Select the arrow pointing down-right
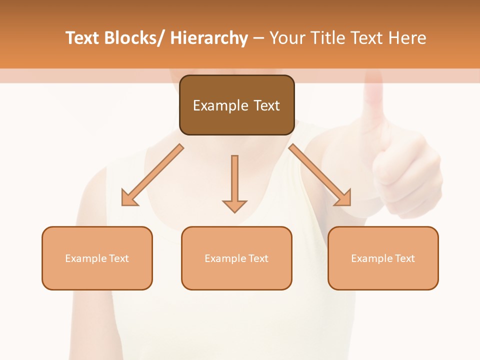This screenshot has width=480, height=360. point(320,175)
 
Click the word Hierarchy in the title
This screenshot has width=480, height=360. point(209,38)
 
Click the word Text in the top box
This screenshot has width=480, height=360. point(266,105)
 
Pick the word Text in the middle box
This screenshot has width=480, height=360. point(258,258)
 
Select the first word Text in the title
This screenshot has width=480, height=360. point(83,38)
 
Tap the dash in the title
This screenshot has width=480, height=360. point(258,38)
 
